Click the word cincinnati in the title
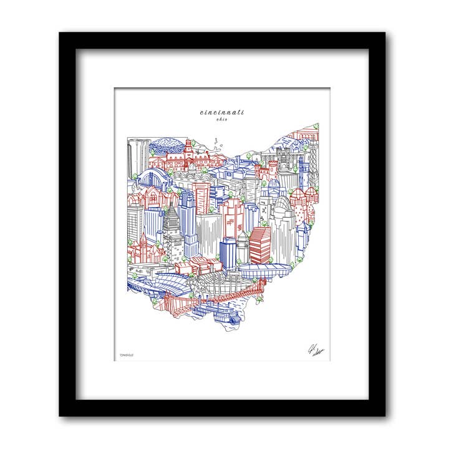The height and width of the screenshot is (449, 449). [223, 112]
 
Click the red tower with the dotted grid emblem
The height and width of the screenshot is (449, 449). [233, 218]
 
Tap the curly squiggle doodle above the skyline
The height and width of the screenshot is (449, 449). [216, 142]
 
